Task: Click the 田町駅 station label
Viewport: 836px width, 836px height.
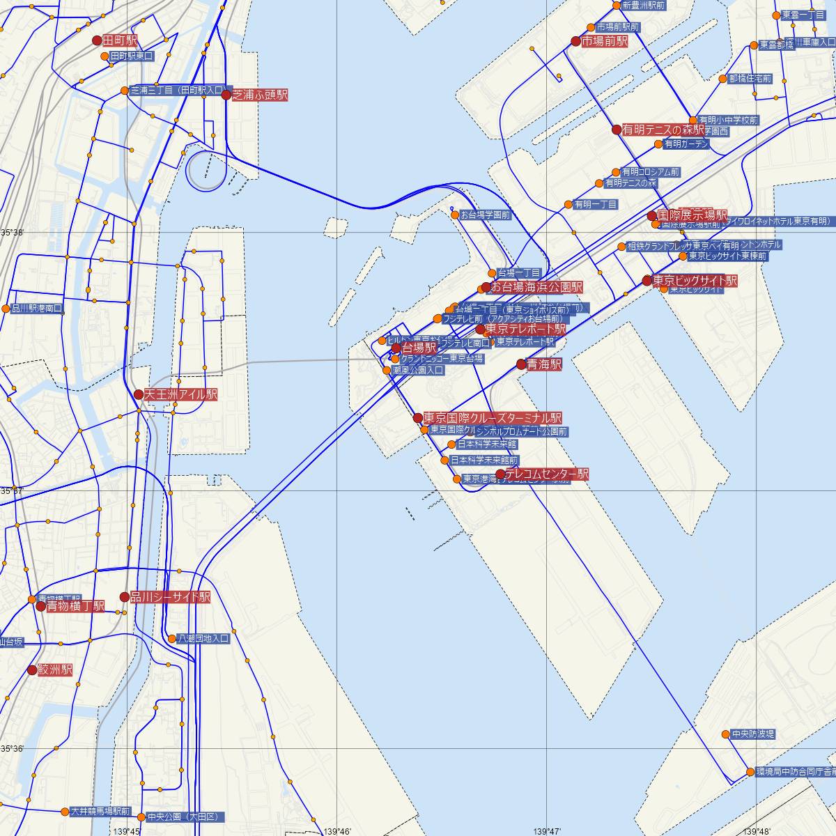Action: coord(120,41)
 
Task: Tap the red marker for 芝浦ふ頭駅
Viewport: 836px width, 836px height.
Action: coord(226,95)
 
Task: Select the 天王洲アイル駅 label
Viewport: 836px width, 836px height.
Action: coord(180,394)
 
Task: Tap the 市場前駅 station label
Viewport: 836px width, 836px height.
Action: coord(604,41)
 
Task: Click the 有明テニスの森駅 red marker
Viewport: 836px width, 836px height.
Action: coord(616,130)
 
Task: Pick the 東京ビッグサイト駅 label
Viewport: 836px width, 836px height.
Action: coord(695,281)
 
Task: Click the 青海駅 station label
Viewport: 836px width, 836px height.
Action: coord(544,364)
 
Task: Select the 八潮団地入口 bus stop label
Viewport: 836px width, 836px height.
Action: coord(203,638)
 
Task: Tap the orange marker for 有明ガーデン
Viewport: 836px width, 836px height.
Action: coord(658,144)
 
